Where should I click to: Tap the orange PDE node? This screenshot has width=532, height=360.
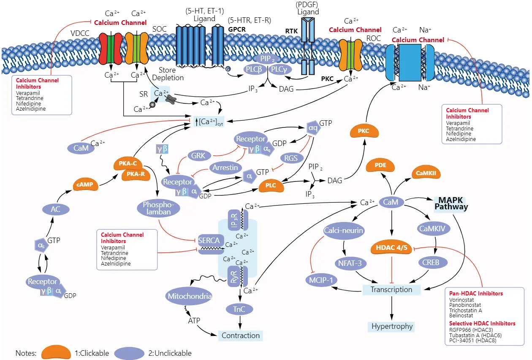click(380, 165)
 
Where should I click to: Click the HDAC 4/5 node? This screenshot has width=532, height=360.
click(392, 248)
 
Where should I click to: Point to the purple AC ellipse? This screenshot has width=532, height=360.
click(55, 209)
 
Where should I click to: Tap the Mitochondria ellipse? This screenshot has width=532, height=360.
click(190, 296)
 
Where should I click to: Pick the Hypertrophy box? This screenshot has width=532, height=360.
click(392, 326)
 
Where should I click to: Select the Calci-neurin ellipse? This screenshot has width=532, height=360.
click(344, 230)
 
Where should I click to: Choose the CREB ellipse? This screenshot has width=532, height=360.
click(431, 262)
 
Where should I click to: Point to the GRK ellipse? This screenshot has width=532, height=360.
click(198, 155)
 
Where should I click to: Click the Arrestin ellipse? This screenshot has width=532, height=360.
click(225, 168)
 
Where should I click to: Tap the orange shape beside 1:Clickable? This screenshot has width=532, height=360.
click(55, 352)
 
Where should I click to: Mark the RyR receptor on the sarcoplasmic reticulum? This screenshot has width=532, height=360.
click(234, 276)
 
